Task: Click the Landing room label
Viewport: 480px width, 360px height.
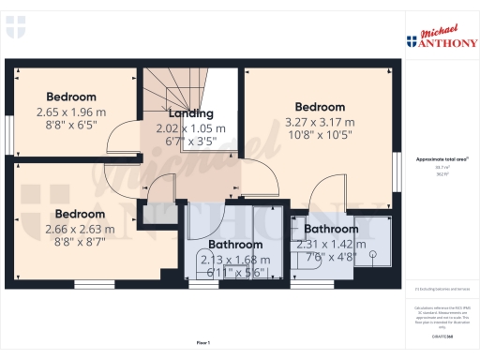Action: coord(191,114)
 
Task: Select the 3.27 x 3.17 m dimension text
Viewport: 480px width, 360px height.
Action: coord(320,122)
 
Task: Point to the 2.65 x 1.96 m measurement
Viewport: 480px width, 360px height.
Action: coord(71,112)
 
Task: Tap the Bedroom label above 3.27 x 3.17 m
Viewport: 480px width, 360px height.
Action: coord(320,107)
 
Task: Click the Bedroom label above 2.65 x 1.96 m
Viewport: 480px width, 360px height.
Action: coord(71,97)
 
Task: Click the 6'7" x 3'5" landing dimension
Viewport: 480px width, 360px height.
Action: coord(191,142)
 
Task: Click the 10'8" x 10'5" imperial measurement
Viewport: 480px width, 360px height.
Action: coord(320,136)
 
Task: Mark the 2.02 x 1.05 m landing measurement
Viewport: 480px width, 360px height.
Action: coord(191,128)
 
